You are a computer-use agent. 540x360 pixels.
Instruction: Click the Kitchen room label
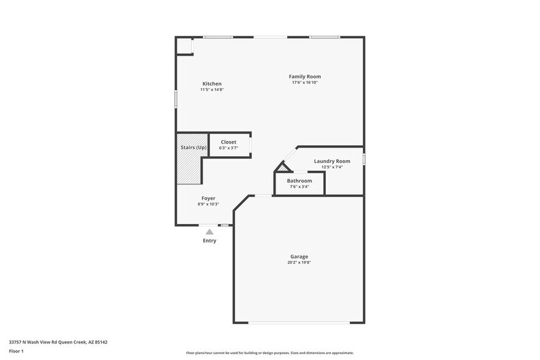[x=212, y=84]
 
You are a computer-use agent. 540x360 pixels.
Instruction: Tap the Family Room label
[x=305, y=77]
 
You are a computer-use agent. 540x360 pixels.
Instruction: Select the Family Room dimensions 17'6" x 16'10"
[x=305, y=83]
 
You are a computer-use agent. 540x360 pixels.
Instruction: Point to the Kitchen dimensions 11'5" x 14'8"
[x=212, y=90]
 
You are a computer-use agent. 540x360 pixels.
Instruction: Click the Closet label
[x=228, y=142]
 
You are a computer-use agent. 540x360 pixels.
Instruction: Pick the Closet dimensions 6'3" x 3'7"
[x=228, y=148]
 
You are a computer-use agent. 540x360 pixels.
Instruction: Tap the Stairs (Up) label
[x=193, y=148]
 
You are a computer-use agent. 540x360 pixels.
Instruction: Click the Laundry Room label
[x=332, y=161]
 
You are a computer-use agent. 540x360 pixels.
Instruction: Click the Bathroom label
[x=299, y=181]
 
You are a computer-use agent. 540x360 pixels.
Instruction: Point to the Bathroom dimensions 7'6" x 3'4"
[x=299, y=187]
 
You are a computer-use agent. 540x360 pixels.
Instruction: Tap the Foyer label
[x=208, y=198]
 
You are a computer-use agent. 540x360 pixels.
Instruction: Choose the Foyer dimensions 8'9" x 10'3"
[x=208, y=204]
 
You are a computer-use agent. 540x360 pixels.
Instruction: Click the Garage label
[x=299, y=257]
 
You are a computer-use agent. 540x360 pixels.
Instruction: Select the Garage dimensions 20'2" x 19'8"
[x=299, y=263]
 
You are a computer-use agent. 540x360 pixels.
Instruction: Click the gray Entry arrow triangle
[x=209, y=232]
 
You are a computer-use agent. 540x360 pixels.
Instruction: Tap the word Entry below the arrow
[x=209, y=241]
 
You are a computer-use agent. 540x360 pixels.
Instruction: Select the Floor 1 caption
[x=16, y=351]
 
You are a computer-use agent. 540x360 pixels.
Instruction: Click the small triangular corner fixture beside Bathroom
[x=282, y=168]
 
